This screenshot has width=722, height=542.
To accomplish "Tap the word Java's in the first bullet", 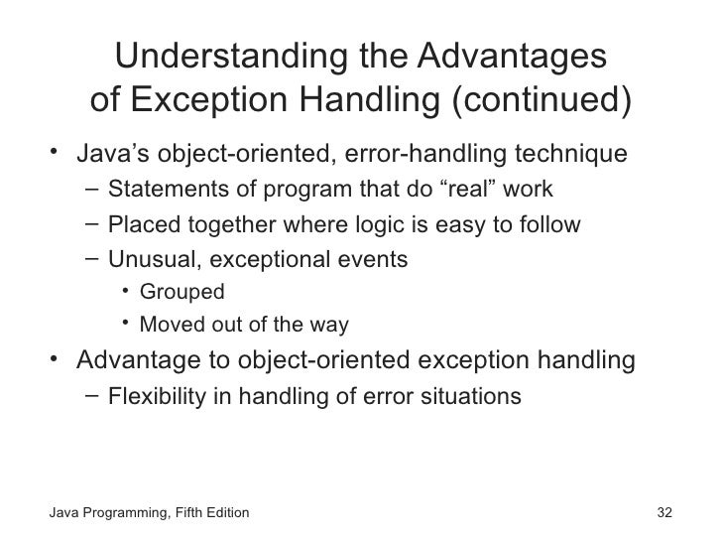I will coord(111,156).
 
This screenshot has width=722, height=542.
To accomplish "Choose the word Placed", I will coord(139,224).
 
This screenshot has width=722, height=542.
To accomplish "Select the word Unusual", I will coord(145,259).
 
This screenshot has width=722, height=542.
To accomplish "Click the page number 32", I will coord(665,514).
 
